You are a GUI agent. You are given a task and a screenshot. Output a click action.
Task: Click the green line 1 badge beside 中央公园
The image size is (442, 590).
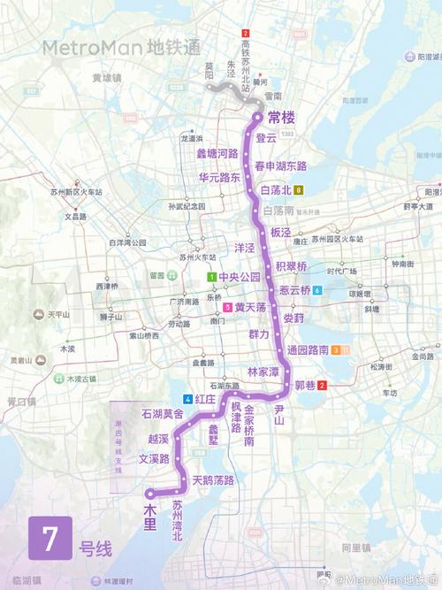coord(212,277)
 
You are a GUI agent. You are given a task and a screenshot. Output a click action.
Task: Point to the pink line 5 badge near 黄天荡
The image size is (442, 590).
coord(228,307)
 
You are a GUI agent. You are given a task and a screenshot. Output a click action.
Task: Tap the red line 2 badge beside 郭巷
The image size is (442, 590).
coord(323,385)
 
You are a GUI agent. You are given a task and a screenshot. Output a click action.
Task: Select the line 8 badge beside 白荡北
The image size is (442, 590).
coord(299,189)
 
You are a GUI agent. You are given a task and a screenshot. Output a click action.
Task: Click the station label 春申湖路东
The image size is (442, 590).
coord(280,165)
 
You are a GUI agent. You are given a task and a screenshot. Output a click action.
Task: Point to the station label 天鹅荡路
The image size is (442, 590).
coord(213,480)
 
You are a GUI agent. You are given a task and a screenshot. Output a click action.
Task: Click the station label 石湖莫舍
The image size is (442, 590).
coord(163,414)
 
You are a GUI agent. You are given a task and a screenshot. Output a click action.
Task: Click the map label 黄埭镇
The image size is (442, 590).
coord(108,77)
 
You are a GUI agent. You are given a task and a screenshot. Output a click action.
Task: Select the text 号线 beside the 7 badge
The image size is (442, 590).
coord(95,548)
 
